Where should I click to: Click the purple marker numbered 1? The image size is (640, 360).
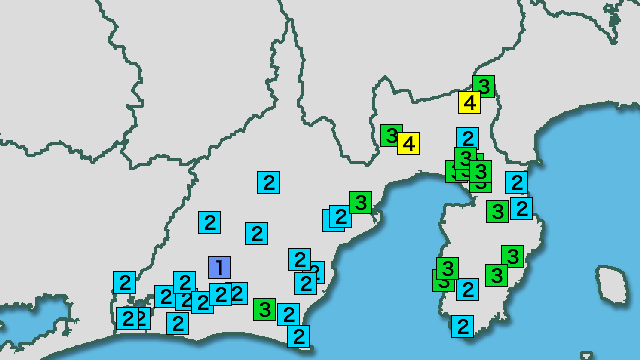219,267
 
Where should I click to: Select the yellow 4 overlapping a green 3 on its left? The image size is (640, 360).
408,143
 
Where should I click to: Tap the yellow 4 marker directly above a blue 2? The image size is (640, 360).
470,102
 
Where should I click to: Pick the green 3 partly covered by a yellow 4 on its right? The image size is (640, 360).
391,134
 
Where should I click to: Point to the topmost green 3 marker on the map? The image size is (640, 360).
484,86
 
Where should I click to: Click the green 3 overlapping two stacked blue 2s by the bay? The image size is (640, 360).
360,201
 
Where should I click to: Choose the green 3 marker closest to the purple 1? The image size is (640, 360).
264,308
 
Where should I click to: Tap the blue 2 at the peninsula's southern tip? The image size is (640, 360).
462,326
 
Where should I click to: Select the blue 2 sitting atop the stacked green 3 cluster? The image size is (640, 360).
467,138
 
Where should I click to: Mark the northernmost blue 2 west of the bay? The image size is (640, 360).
268,182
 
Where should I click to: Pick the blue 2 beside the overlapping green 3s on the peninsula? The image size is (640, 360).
467,289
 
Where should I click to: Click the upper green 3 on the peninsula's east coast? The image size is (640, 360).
512,256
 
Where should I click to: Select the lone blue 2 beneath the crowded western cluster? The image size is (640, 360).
177,323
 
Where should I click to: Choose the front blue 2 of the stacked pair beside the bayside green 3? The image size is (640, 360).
340,215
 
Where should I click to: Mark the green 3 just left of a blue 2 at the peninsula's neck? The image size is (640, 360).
497,211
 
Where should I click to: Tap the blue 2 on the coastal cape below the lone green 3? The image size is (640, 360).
298,336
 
